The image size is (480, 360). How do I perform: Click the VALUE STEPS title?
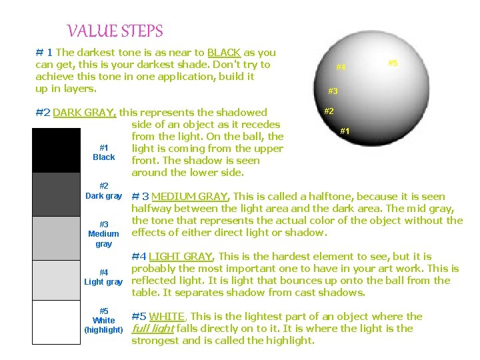click(x=115, y=31)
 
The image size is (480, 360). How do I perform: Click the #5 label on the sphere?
click(x=393, y=63)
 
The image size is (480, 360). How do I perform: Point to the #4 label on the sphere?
click(x=341, y=67)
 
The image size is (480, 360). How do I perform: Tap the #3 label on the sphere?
click(x=333, y=91)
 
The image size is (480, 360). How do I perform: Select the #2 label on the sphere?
click(x=329, y=111)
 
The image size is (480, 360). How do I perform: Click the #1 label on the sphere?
click(x=345, y=131)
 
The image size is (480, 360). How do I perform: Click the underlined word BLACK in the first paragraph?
click(x=224, y=53)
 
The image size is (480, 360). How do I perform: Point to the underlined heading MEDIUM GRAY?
click(x=190, y=197)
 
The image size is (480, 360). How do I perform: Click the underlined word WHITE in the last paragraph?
click(x=168, y=317)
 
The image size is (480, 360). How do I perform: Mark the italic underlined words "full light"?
click(x=153, y=329)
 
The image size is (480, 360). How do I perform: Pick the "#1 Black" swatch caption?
click(x=103, y=152)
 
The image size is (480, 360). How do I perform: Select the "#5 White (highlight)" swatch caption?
click(x=103, y=320)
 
